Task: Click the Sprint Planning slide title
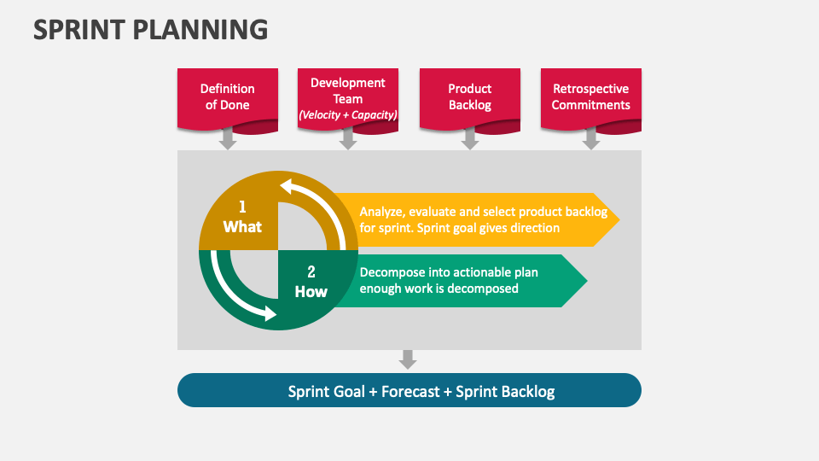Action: click(x=150, y=29)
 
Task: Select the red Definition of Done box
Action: click(x=227, y=96)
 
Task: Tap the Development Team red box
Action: click(x=348, y=96)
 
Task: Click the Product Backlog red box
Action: click(x=469, y=96)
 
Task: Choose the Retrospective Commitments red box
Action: click(x=590, y=96)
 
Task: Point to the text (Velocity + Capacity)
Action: click(x=348, y=114)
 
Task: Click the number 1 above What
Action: click(x=242, y=207)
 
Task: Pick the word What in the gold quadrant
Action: click(x=242, y=227)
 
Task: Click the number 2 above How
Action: click(x=311, y=272)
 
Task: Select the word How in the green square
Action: click(x=311, y=292)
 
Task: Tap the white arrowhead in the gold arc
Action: click(x=288, y=186)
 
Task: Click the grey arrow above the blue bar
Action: click(x=408, y=359)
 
